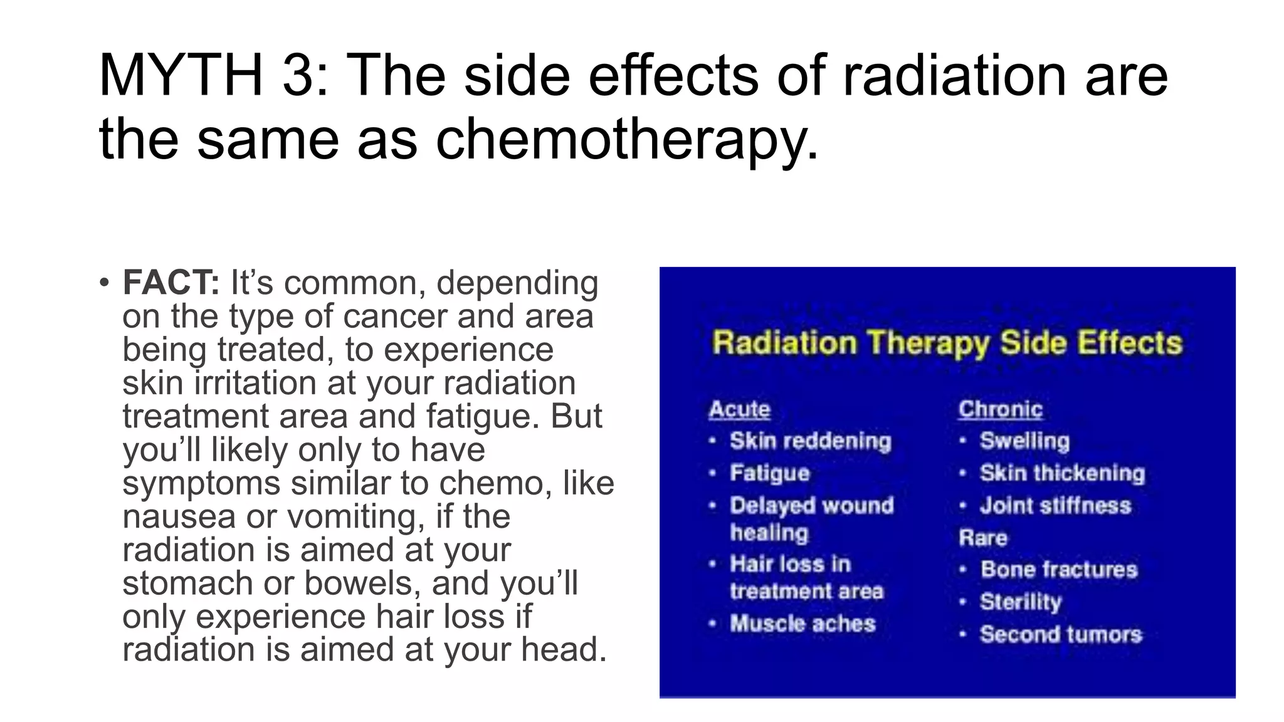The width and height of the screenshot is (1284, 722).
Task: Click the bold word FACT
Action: pos(171,283)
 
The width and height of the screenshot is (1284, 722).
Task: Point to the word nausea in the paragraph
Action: pos(179,517)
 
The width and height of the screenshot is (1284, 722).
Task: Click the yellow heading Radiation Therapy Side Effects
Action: pos(947,343)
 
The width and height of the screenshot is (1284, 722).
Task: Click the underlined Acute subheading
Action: pos(739,409)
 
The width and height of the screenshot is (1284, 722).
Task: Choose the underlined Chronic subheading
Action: pos(1000,409)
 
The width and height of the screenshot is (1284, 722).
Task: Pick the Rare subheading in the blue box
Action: pos(982,538)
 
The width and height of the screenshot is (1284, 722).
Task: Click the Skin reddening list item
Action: pos(810,441)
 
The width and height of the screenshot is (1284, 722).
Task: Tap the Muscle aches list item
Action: pos(802,624)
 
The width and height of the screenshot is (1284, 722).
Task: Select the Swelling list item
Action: pos(1024,441)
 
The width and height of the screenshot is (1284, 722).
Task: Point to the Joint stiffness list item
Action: pos(1055,505)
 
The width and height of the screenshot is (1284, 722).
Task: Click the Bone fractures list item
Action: pos(1058,570)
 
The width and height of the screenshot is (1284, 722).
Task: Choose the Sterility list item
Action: pos(1021,602)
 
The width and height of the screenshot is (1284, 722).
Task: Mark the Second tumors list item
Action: pos(1061,634)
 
